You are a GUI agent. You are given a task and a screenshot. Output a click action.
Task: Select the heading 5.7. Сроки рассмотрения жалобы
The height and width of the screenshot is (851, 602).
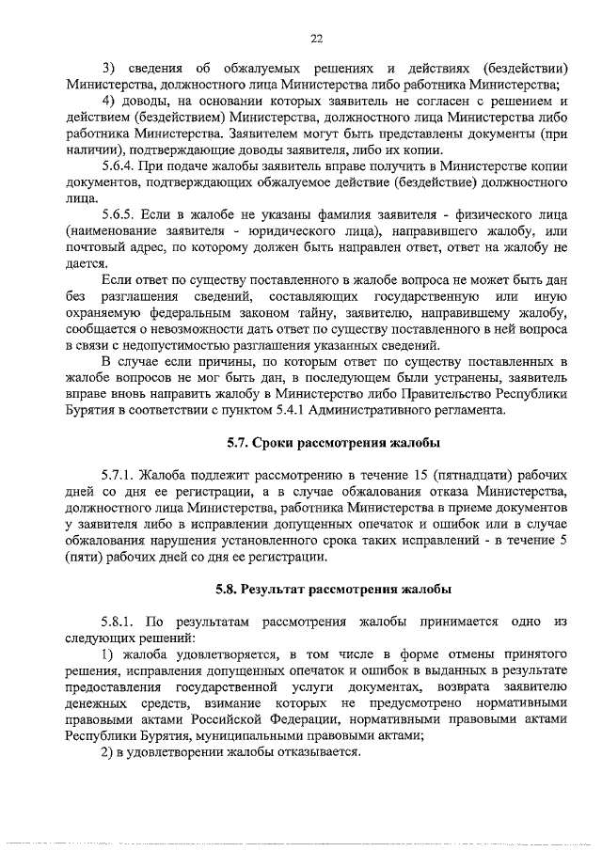pyautogui.click(x=334, y=443)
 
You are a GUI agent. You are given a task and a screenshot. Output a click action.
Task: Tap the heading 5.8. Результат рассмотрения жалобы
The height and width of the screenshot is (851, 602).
pyautogui.click(x=334, y=590)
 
